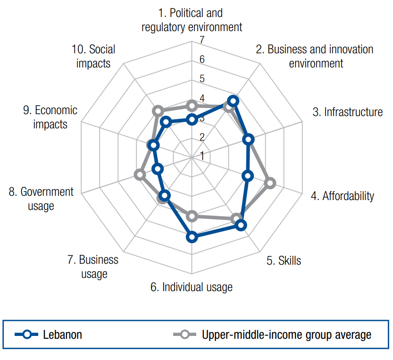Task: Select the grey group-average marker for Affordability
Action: click(270, 183)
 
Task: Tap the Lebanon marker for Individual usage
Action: click(192, 237)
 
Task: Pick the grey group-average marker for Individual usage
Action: click(192, 217)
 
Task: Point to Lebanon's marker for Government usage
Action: click(158, 168)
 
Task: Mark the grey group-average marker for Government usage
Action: click(140, 175)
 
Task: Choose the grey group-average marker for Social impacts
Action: click(158, 111)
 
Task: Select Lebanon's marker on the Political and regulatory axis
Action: click(192, 119)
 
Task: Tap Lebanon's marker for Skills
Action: click(241, 225)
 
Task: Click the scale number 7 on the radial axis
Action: click(202, 41)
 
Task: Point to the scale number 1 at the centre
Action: click(202, 156)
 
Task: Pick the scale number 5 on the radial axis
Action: click(202, 79)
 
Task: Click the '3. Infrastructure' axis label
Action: click(348, 112)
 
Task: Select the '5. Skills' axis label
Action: click(284, 260)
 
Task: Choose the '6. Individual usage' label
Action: click(192, 287)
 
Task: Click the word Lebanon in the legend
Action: click(62, 335)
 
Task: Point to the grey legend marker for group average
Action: click(185, 335)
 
